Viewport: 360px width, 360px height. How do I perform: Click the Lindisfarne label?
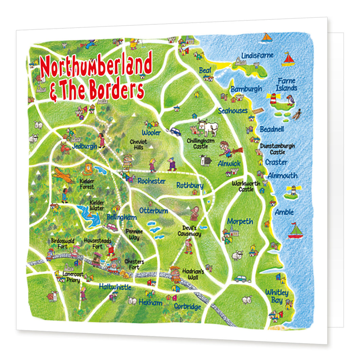[257, 55]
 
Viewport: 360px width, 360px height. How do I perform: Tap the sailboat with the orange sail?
[267, 37]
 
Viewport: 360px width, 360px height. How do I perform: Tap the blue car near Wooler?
[175, 131]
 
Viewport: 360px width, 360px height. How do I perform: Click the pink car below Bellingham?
[112, 227]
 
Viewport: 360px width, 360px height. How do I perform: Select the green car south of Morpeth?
[242, 279]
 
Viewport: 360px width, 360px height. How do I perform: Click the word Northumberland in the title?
[96, 67]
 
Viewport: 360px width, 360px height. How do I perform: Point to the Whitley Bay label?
[277, 296]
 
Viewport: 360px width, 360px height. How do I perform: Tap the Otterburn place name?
[153, 211]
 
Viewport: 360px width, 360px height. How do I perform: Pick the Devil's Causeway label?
[190, 231]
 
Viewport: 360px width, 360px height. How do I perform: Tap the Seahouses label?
[233, 111]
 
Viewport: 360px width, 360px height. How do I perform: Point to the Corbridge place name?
[187, 306]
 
